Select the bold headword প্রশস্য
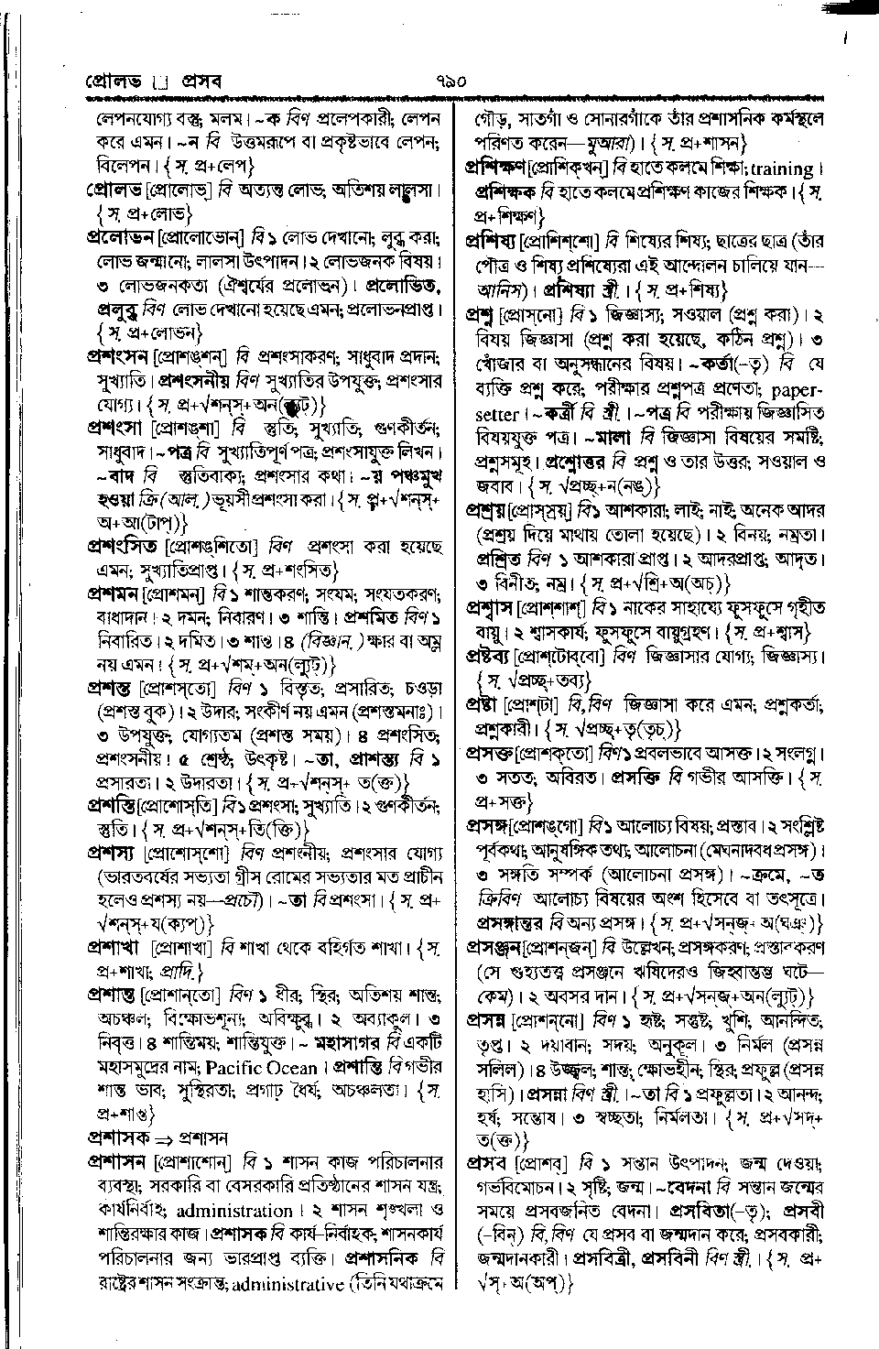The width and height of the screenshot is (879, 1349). tap(112, 851)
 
